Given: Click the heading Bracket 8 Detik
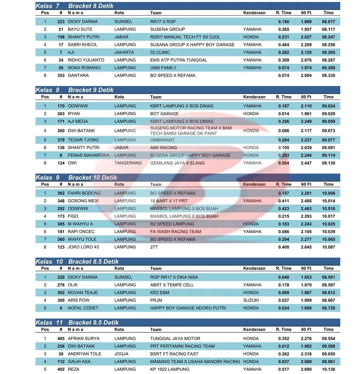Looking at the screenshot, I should pos(91,6).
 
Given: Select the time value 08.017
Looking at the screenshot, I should pos(328,22).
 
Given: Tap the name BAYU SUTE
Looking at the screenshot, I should pos(80,29).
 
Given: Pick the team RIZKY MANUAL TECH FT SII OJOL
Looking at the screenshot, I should pos(185,37).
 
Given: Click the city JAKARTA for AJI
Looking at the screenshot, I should pos(124,52).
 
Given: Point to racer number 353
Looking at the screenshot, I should pos(60,75).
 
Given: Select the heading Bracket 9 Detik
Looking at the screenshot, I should pos(91,90).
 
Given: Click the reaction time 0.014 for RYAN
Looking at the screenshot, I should pos(284,114).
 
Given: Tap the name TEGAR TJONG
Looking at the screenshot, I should pos(83,140).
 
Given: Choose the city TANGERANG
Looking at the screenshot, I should pos(128,163).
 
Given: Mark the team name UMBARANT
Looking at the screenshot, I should pos(162,140).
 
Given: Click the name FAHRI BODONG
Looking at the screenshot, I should pos(84,193).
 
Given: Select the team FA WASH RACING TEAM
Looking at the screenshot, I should pos(176,232).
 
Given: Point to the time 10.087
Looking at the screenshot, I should pos(328,247).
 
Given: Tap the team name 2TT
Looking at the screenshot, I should pos(154,247).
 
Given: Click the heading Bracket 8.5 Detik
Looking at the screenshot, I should pos(94,262).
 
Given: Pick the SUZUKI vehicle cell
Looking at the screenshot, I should pos(251,300).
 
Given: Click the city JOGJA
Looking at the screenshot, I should pos(121,354).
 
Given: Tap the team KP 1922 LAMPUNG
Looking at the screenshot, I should pos(170,369).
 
